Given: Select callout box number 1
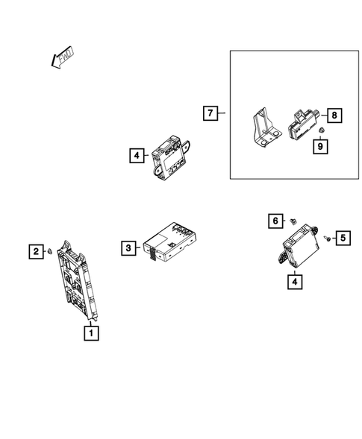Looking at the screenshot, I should pyautogui.click(x=91, y=333).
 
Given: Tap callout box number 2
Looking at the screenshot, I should pyautogui.click(x=35, y=251).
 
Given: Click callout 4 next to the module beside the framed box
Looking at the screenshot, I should pyautogui.click(x=135, y=156).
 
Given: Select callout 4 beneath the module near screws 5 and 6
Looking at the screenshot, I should pyautogui.click(x=296, y=281).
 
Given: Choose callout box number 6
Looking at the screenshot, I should pyautogui.click(x=275, y=221).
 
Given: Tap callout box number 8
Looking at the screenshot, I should pyautogui.click(x=334, y=115).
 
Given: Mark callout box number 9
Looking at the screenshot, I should pyautogui.click(x=319, y=147).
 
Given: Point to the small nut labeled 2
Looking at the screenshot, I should pyautogui.click(x=49, y=252).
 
